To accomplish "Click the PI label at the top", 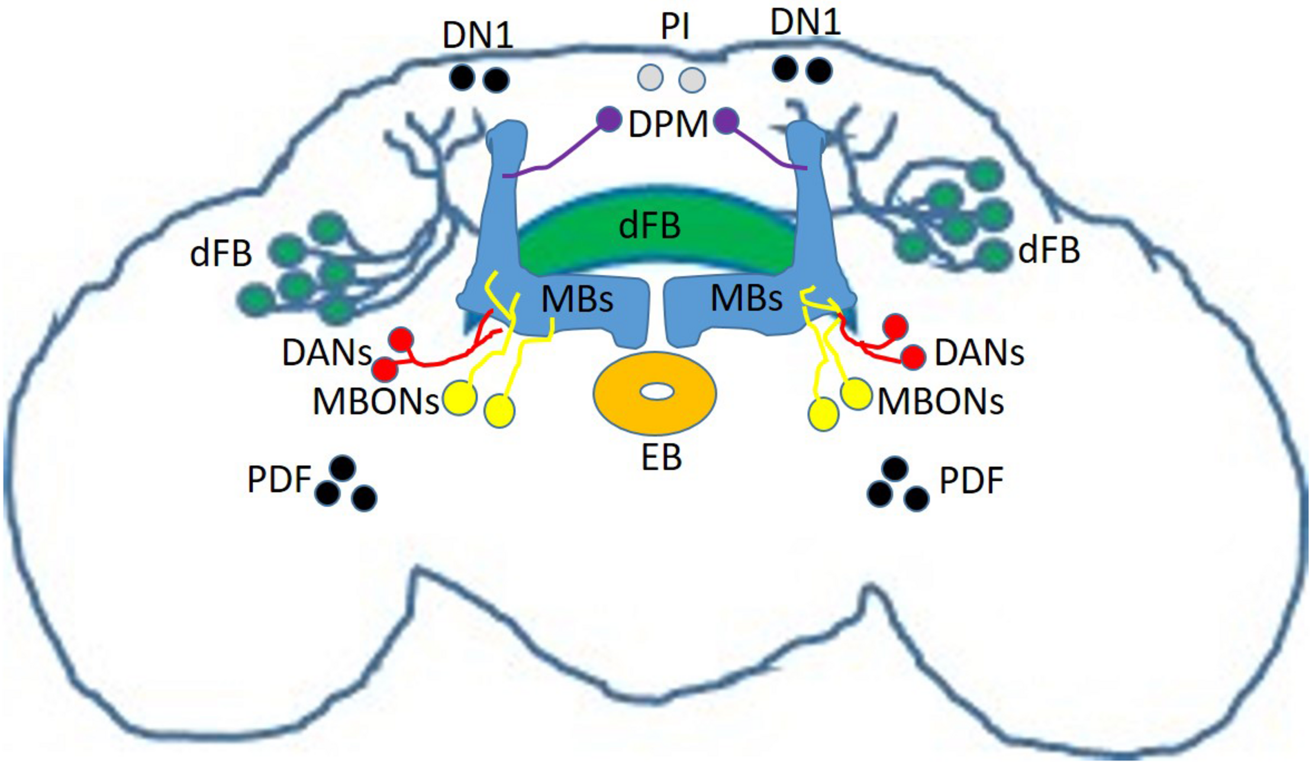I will pyautogui.click(x=675, y=28).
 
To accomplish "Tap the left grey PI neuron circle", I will pyautogui.click(x=650, y=78).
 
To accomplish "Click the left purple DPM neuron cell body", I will pyautogui.click(x=608, y=120).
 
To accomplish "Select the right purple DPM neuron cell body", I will pyautogui.click(x=726, y=121).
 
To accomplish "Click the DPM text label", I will pyautogui.click(x=668, y=125).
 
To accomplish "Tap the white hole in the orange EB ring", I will pyautogui.click(x=657, y=391).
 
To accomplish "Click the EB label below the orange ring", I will pyautogui.click(x=662, y=457).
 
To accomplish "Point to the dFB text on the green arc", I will pyautogui.click(x=649, y=226).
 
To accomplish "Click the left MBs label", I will pyautogui.click(x=577, y=299).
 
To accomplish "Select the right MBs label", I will pyautogui.click(x=746, y=298).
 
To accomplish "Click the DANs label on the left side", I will pyautogui.click(x=327, y=353).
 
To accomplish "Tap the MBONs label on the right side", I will pyautogui.click(x=940, y=402).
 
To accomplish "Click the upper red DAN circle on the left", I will pyautogui.click(x=401, y=340).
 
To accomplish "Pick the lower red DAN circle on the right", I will pyautogui.click(x=913, y=357).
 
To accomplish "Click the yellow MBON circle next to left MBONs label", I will pyautogui.click(x=460, y=398).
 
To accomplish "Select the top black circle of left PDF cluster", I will pyautogui.click(x=343, y=468).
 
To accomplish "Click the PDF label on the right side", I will pyautogui.click(x=971, y=481).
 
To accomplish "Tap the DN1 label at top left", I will pyautogui.click(x=478, y=36).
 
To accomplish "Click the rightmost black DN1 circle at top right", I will pyautogui.click(x=820, y=70).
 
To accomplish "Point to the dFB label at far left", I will pyautogui.click(x=221, y=254).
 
